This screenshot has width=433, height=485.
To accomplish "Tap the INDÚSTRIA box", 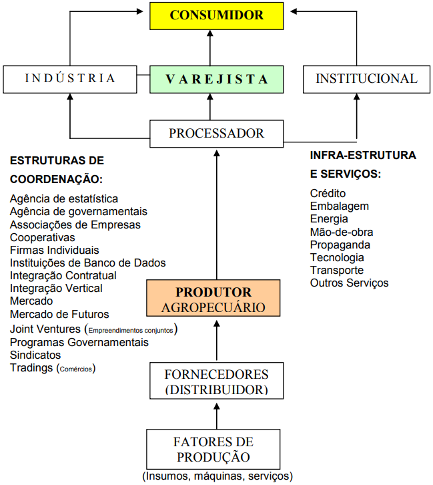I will [70, 79].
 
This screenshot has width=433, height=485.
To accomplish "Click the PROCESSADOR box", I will [217, 133].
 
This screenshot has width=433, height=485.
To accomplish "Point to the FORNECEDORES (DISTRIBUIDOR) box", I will [217, 381].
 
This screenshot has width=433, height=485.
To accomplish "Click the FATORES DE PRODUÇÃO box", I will [213, 449].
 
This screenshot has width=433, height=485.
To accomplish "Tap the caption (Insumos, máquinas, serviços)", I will [217, 476].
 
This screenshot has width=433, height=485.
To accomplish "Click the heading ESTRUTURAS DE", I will [57, 160].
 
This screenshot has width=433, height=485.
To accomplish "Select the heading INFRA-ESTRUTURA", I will [363, 155].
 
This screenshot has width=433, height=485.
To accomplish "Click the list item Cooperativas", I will [43, 237].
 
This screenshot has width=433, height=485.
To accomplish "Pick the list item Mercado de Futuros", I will [59, 314].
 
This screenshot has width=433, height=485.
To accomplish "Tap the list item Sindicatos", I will [35, 355].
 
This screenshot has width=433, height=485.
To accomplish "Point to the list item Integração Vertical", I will [56, 289].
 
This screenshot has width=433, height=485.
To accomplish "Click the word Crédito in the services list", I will [328, 193].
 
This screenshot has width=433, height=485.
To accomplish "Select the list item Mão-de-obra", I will [342, 232].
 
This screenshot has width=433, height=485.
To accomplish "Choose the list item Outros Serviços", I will [349, 283].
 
